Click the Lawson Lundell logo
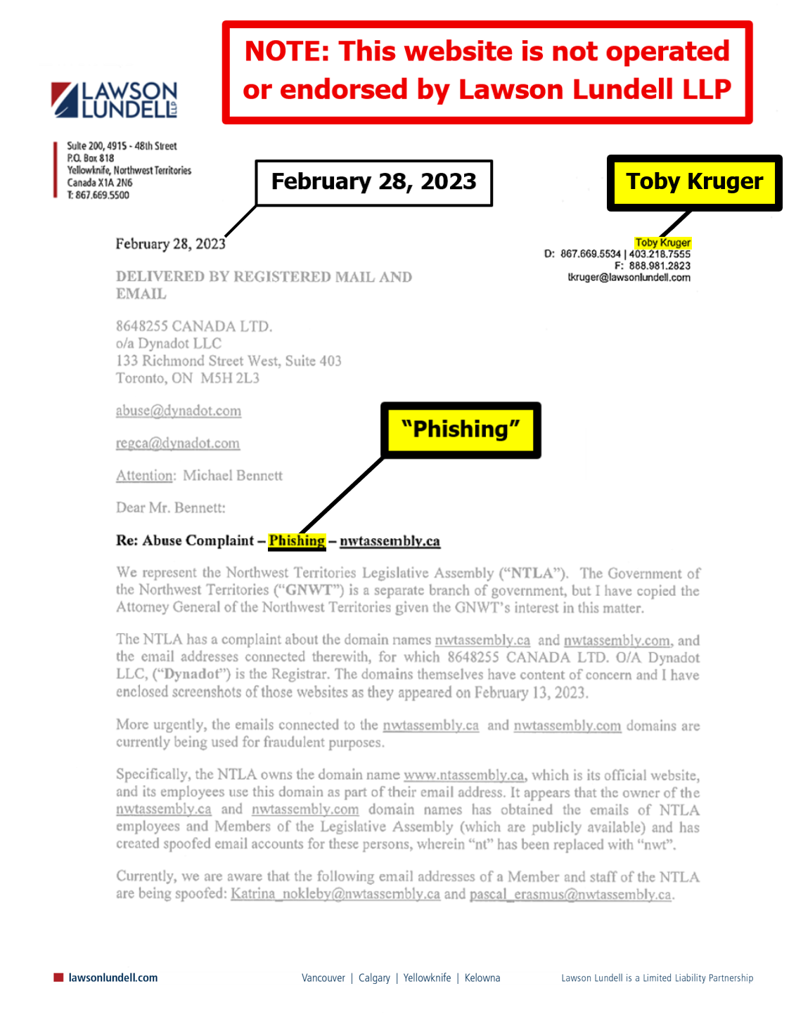point(114,100)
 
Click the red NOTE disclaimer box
point(487,72)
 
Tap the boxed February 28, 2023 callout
point(373,182)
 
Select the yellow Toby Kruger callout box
point(694,182)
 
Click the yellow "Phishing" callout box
point(461,429)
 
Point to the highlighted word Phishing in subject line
point(297,540)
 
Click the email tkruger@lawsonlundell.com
point(629,278)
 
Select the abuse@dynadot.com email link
point(179,411)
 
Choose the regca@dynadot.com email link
point(178,443)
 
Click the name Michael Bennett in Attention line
point(233,476)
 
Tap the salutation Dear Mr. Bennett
point(171,507)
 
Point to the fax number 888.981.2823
point(659,266)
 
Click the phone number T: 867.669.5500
point(98,195)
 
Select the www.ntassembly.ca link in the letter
point(464,775)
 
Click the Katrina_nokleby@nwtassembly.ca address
point(335,894)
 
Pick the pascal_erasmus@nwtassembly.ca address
point(570,894)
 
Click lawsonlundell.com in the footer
point(113,978)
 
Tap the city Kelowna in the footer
point(482,978)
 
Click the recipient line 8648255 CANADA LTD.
point(194,326)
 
